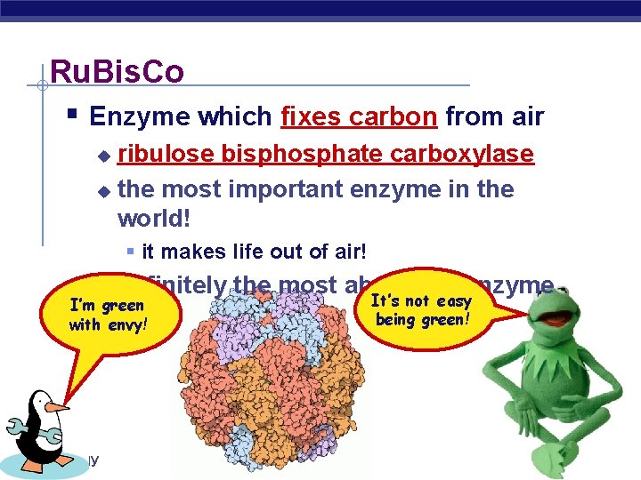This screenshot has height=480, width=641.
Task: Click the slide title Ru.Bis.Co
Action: coord(117,71)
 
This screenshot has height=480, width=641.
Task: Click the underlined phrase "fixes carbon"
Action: coord(359,116)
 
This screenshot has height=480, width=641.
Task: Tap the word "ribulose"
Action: coord(166,155)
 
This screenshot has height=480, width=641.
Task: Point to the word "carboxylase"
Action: coord(468,155)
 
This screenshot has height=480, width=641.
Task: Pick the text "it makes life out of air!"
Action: coord(254,252)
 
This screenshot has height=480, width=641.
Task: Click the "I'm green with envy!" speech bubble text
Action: coord(107,315)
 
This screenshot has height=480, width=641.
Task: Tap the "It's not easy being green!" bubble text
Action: coord(423,310)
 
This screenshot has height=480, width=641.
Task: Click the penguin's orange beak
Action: coord(58,407)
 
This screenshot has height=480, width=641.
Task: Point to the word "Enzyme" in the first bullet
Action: coord(137,116)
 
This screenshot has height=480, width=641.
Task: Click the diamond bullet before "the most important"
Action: coord(104,190)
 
